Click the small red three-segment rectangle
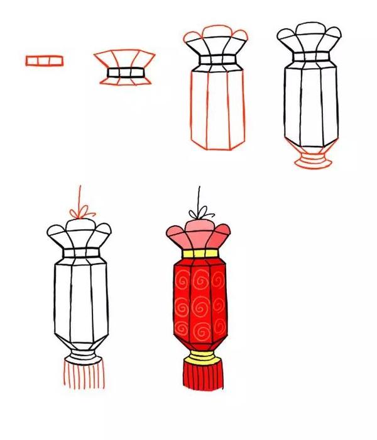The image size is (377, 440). pyautogui.click(x=45, y=60)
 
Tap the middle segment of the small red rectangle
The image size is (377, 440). pyautogui.click(x=45, y=60)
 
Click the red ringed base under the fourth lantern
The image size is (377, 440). pyautogui.click(x=310, y=159)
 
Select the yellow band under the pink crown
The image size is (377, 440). pyautogui.click(x=200, y=254)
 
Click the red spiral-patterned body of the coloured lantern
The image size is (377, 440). pyautogui.click(x=199, y=302)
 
